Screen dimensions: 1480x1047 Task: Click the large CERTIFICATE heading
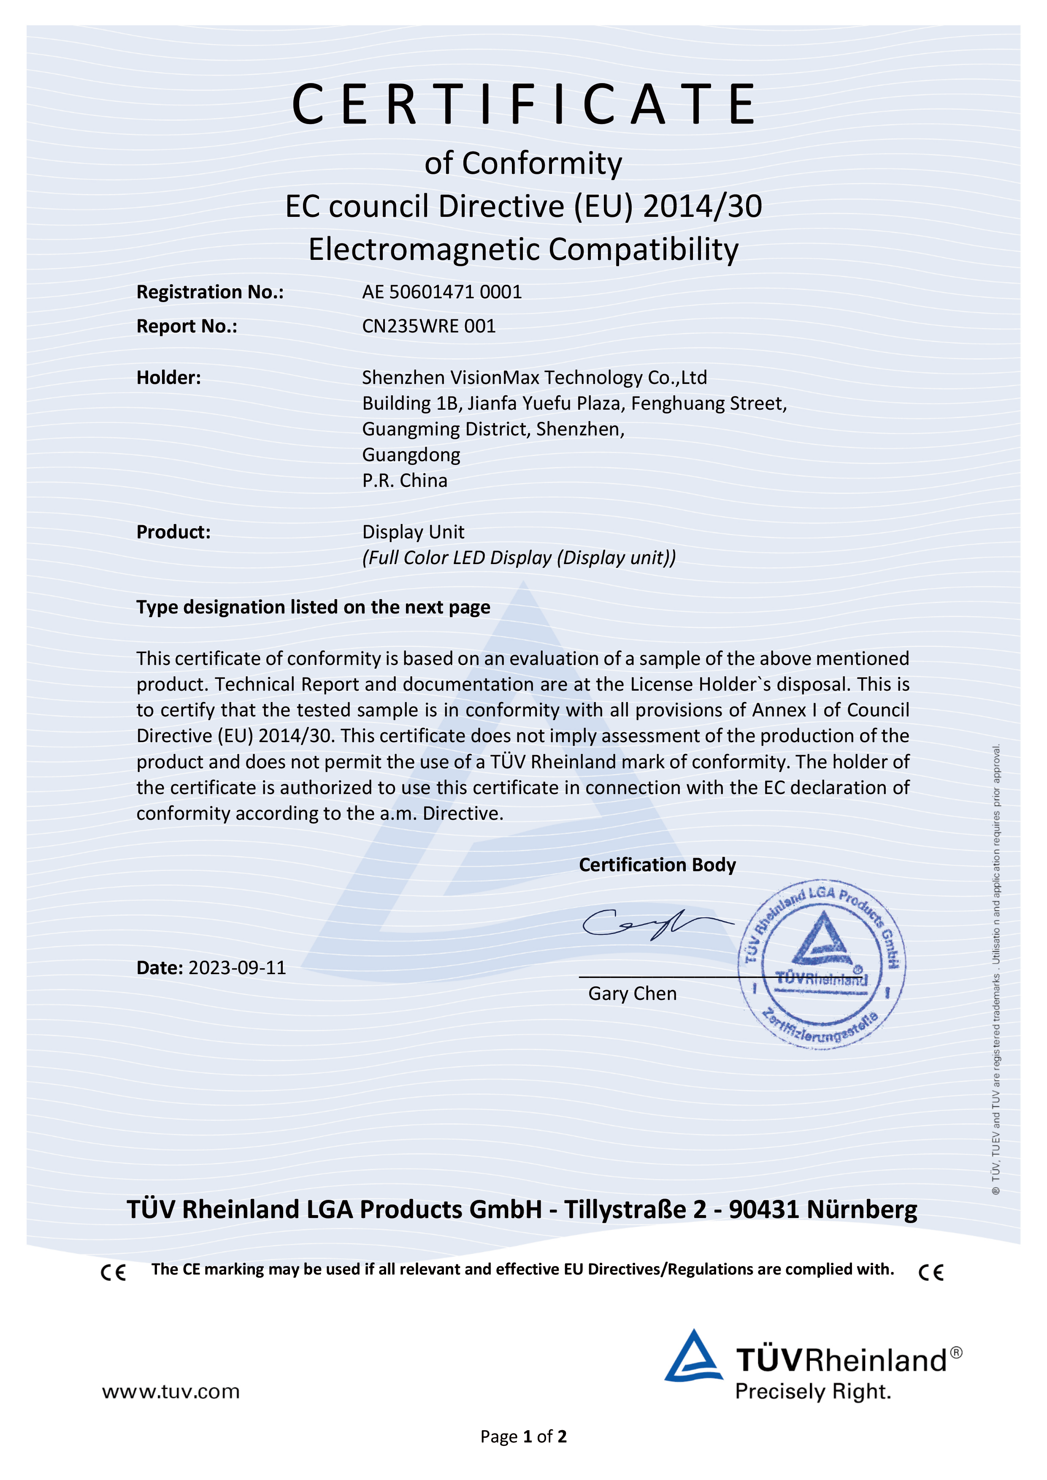(523, 105)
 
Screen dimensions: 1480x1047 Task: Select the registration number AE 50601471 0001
(441, 292)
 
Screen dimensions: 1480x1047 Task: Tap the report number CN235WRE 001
(429, 326)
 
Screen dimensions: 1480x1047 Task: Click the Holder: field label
(168, 378)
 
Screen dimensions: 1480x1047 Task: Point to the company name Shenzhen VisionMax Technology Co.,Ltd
(534, 378)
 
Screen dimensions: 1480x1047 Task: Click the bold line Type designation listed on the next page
(313, 607)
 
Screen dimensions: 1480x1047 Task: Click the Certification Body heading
(657, 865)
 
